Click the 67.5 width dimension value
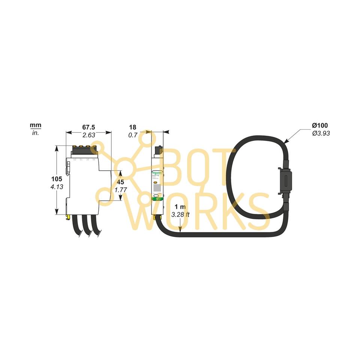88,127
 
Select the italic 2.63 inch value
88,135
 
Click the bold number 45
120,182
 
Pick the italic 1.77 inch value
120,190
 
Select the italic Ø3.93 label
321,133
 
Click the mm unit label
36,125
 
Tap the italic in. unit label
36,133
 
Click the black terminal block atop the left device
84,150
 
